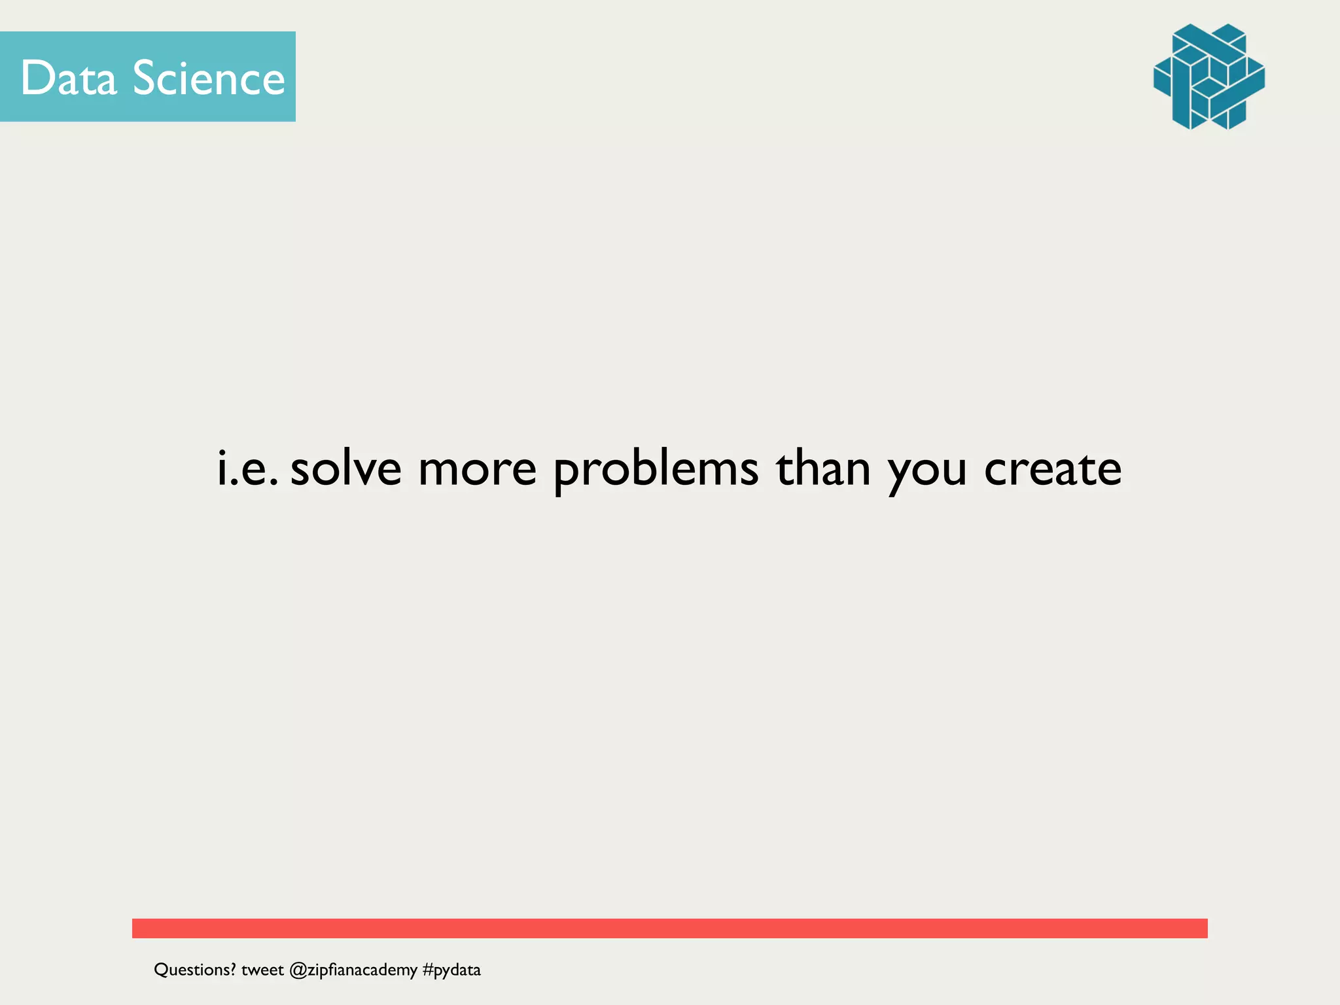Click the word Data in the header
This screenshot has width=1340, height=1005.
pos(69,78)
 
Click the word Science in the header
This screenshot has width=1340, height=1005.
pos(209,78)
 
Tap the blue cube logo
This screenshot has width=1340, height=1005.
pos(1208,77)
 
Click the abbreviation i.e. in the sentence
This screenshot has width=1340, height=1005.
pos(247,468)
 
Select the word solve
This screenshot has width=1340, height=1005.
pos(345,468)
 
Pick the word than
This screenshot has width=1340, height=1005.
pos(823,468)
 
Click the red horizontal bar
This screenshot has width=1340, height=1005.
pos(669,928)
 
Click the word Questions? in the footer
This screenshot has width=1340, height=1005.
pos(194,970)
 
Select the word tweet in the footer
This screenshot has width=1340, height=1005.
pos(262,970)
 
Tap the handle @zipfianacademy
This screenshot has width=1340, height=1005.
pos(353,970)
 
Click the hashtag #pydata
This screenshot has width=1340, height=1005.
pos(451,970)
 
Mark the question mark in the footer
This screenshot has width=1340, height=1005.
pos(232,969)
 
